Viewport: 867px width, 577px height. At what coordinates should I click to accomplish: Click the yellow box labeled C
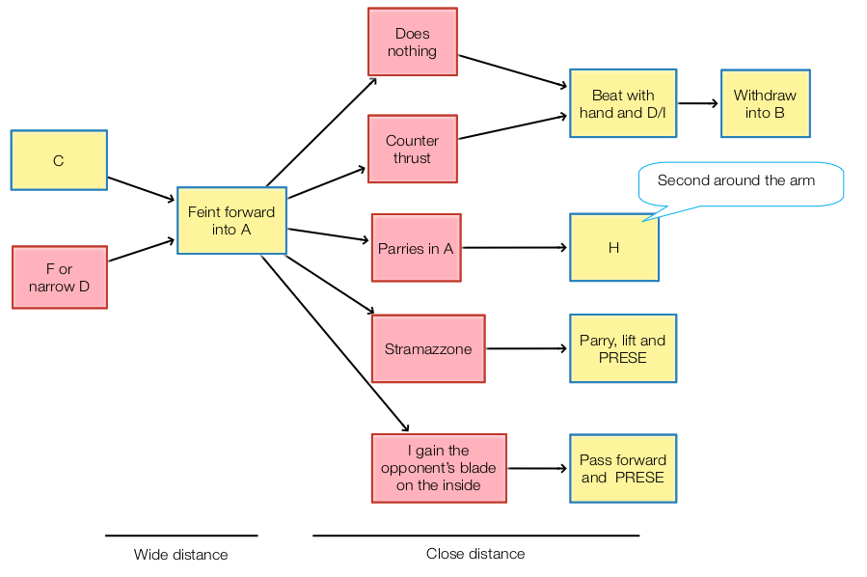coord(58,161)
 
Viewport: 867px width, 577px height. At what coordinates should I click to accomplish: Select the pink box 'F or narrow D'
coord(59,278)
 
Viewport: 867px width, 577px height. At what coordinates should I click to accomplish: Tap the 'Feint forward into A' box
coord(231,220)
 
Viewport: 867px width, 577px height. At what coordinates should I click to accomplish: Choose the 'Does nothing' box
coord(412,42)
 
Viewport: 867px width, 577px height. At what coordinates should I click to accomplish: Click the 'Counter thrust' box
coord(412,150)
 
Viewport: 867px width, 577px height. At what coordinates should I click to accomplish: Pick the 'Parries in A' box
coord(416,248)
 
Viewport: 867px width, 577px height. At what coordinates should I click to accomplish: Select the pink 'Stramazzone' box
coord(428,348)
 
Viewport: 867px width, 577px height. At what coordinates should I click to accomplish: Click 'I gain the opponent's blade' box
coord(439,468)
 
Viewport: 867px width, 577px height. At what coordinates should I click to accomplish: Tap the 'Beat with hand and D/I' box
coord(623,103)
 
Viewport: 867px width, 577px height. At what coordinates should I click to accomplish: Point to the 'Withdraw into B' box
coord(765,103)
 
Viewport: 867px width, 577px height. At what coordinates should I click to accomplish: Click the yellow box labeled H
coord(614,248)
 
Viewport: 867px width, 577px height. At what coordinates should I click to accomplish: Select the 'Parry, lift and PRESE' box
coord(623,348)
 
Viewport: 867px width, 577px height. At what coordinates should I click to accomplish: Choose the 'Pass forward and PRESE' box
coord(623,468)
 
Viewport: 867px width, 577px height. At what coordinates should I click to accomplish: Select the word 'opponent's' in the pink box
coord(439,468)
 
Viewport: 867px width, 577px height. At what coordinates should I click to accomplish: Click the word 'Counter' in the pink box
coord(412,141)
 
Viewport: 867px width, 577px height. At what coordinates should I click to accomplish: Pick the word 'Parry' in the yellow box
coord(598,341)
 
